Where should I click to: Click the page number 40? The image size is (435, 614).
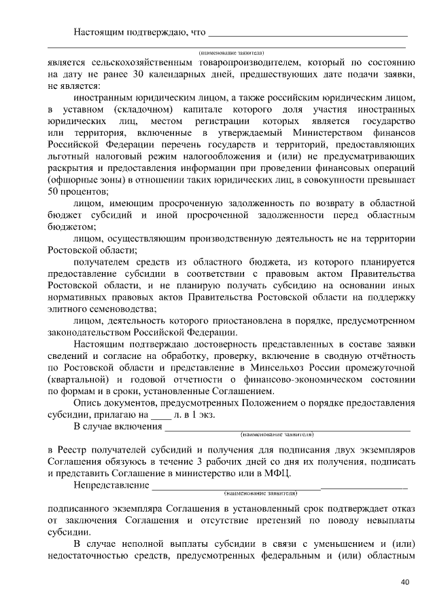tap(406, 582)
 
